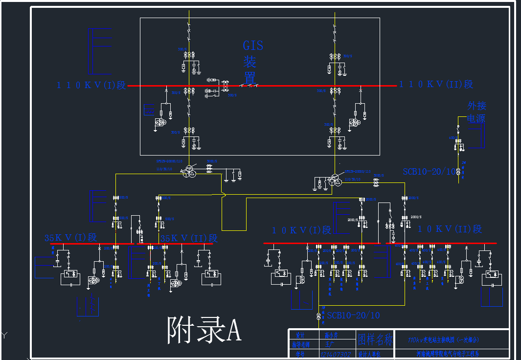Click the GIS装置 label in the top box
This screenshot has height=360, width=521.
(253, 62)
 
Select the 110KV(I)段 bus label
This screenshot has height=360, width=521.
(91, 85)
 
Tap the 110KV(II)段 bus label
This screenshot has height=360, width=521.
(436, 84)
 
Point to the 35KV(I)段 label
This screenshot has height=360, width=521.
(70, 238)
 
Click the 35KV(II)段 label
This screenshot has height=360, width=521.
(189, 238)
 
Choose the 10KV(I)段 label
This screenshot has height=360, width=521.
(301, 230)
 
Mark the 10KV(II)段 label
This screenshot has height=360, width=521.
(449, 229)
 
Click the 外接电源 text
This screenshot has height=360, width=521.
(476, 112)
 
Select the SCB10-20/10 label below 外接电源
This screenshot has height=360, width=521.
(429, 172)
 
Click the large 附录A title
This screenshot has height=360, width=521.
(204, 330)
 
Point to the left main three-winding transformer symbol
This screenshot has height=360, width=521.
(188, 172)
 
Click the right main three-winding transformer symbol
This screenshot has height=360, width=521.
(335, 181)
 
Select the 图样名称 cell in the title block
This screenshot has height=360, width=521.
(375, 338)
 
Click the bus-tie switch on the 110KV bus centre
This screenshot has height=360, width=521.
(249, 85)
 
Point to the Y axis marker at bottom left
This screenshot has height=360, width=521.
(4, 335)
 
